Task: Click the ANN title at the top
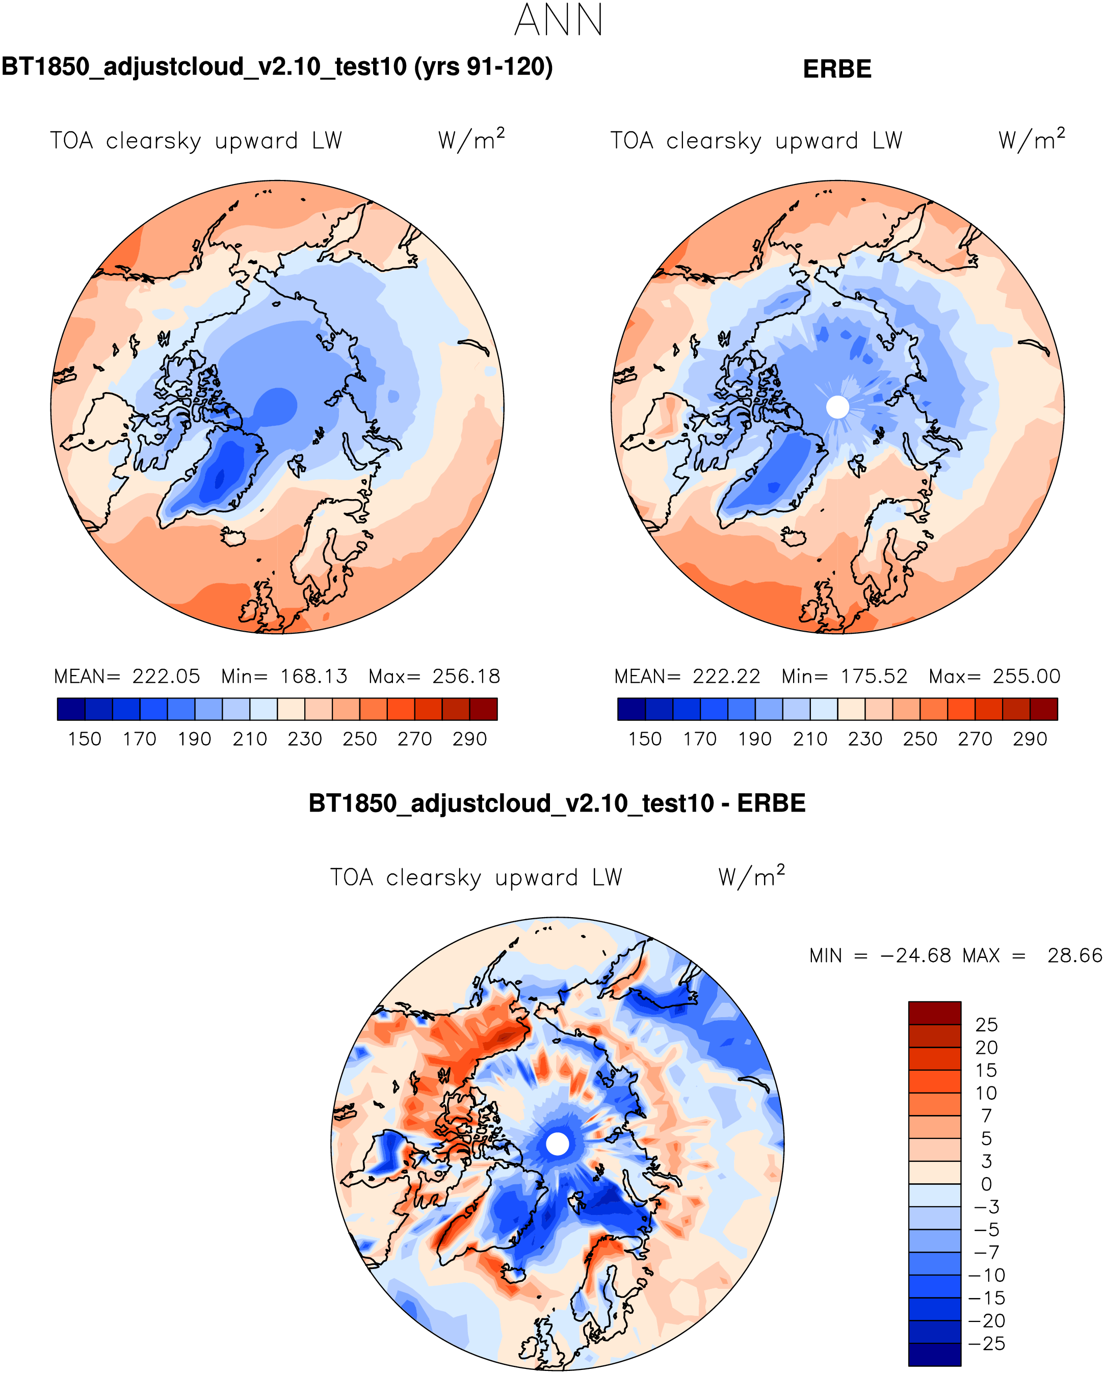click(x=558, y=20)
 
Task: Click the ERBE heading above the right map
click(x=837, y=69)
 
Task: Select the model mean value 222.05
click(x=166, y=676)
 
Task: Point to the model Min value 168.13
click(x=314, y=676)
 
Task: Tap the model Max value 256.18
click(x=466, y=676)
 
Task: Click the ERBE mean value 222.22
click(x=726, y=676)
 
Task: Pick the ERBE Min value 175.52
click(x=874, y=676)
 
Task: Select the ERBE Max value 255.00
click(x=1027, y=676)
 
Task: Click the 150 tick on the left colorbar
click(x=85, y=739)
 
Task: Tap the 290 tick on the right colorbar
click(x=1030, y=739)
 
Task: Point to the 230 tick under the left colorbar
click(x=305, y=739)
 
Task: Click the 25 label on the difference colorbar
click(x=986, y=1025)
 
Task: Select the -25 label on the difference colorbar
click(x=986, y=1343)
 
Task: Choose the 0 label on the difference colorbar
click(x=986, y=1184)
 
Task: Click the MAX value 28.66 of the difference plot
click(x=1074, y=956)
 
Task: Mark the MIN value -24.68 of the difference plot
click(x=915, y=956)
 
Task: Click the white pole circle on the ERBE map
click(x=837, y=407)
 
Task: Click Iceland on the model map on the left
click(x=233, y=537)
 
